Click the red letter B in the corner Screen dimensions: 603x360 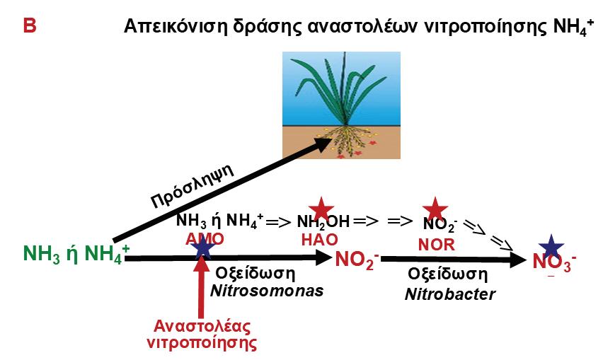point(29,26)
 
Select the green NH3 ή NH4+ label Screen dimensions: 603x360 point(76,253)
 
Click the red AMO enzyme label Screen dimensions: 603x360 point(205,239)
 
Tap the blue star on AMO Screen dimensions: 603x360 point(203,247)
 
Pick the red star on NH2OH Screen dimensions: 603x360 point(321,210)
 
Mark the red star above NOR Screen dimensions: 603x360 point(435,210)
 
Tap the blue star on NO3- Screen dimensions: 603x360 point(552,248)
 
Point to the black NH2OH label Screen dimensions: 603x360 point(323,221)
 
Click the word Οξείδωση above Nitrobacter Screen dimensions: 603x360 point(449,274)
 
